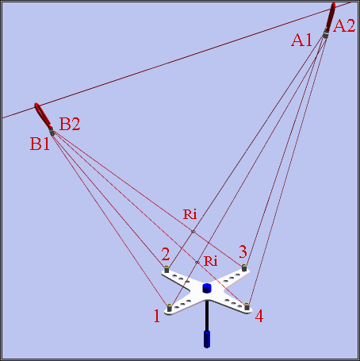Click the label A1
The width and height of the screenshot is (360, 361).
point(301,40)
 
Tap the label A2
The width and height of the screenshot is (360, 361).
point(344,26)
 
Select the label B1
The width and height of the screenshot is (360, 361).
point(40,144)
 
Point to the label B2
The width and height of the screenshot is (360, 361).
point(70,124)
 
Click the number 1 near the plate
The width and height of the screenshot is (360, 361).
point(157,316)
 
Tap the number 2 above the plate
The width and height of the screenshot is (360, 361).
point(166,254)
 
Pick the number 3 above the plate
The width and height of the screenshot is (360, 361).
point(243,252)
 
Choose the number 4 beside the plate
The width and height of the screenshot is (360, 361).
point(259,316)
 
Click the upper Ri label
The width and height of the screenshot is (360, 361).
point(190,214)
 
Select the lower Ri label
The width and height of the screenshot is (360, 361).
point(211,261)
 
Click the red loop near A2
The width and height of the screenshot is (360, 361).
point(331,17)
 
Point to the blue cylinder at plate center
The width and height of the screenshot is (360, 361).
point(207,288)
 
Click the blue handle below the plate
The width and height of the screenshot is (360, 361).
point(207,339)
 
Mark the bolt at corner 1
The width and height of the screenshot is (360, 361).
point(170,308)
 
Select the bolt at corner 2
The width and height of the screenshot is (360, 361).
point(167,269)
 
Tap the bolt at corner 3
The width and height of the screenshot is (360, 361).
point(244,267)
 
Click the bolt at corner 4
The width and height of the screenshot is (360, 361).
point(247,306)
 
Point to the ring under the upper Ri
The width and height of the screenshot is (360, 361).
point(193,232)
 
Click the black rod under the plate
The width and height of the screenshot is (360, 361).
point(207,316)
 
